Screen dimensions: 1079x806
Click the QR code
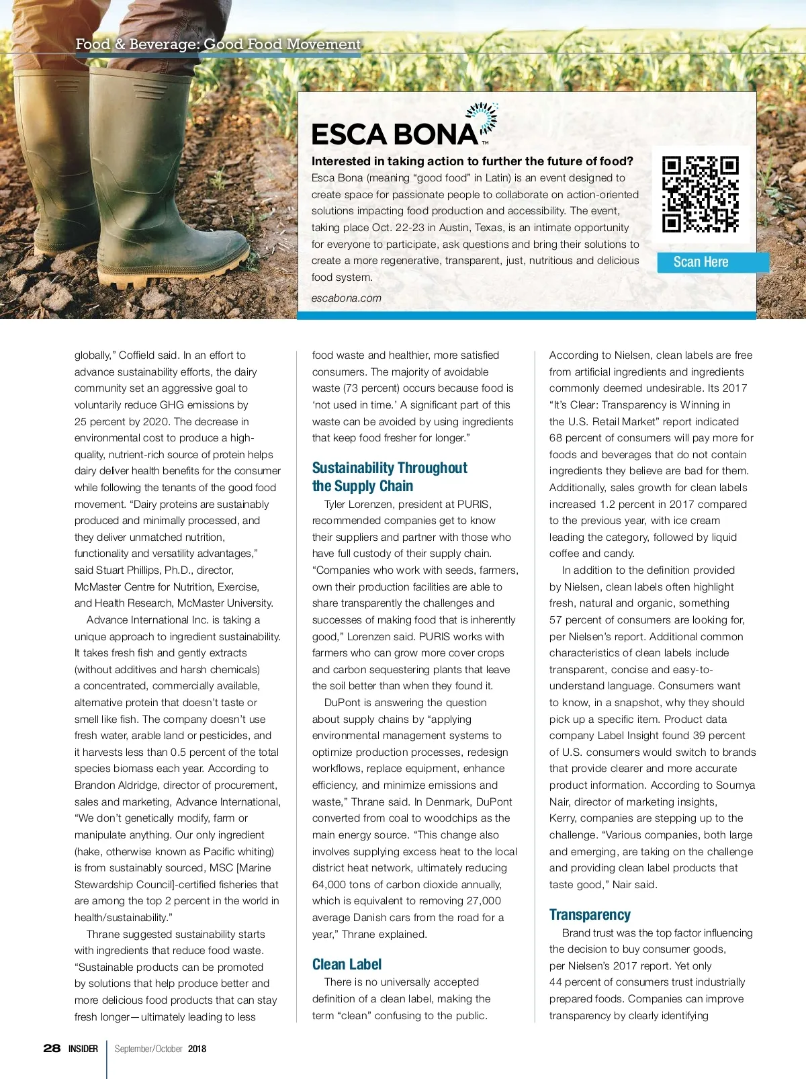700,194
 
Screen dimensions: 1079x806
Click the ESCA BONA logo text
395,134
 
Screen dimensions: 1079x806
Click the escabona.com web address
346,298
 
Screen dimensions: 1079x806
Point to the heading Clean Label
347,965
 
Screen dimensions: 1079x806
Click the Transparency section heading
590,914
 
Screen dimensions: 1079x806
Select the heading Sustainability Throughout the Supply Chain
390,477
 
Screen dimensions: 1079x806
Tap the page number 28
52,1048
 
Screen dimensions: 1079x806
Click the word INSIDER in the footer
83,1049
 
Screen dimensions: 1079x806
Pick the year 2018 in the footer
197,1049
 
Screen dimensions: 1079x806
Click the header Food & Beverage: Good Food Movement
218,44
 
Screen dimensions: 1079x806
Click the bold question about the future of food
472,161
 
